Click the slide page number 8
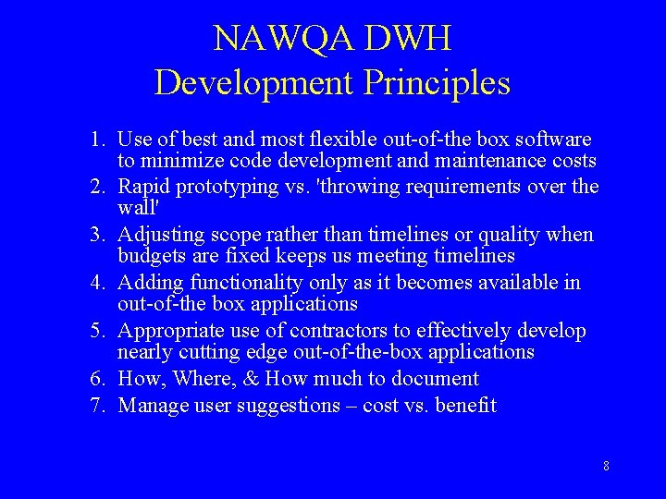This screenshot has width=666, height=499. (x=606, y=466)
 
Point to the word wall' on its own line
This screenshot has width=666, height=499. (x=138, y=208)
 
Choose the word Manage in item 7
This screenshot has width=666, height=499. (x=151, y=405)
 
